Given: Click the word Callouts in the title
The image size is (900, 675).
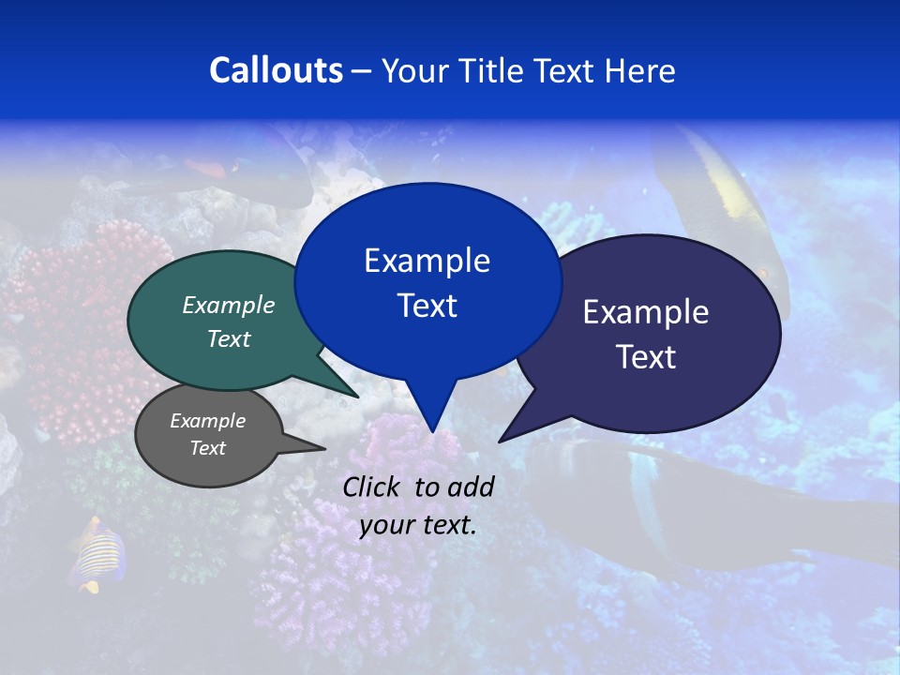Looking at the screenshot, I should click(x=276, y=70).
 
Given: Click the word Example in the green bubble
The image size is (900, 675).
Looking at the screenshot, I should click(x=229, y=305).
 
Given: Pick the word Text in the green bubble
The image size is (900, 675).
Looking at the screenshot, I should click(x=229, y=338).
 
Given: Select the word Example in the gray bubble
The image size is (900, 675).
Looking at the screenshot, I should click(x=207, y=421).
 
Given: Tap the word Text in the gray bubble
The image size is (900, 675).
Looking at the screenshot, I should click(x=207, y=448).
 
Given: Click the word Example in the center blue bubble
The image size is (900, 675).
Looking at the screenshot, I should click(x=427, y=261).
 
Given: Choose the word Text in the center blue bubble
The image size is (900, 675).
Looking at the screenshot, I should click(x=427, y=306).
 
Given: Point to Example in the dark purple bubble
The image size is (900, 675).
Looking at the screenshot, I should click(x=645, y=312).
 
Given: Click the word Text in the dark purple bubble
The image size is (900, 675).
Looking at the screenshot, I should click(x=645, y=357).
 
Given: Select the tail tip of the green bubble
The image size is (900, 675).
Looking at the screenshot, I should click(x=357, y=397).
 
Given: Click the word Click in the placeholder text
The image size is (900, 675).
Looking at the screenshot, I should click(x=373, y=487).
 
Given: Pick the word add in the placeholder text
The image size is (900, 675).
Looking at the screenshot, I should click(x=471, y=487).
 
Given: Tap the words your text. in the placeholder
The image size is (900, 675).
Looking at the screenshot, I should click(x=417, y=525).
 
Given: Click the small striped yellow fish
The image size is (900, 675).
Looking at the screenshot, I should click(x=98, y=558).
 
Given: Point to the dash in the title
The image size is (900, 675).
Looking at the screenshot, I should click(x=361, y=71).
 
